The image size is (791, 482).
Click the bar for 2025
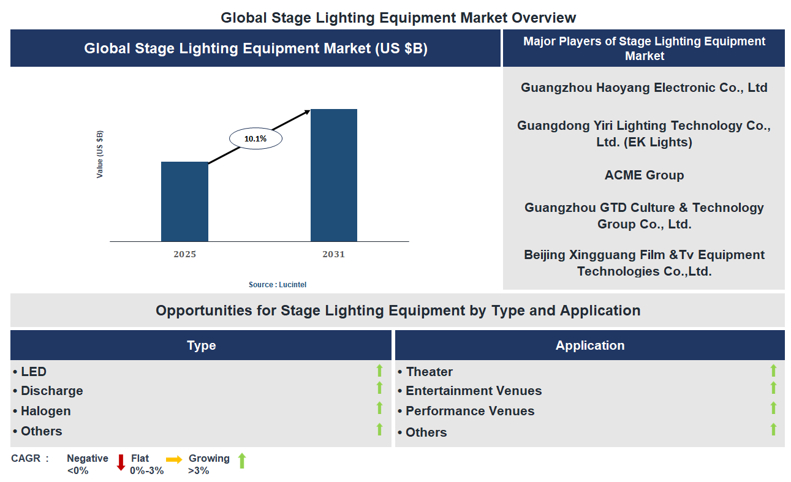coord(184,201)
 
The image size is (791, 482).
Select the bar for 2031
coord(333,175)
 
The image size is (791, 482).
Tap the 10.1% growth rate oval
coord(255,139)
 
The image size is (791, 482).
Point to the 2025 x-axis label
coord(184,254)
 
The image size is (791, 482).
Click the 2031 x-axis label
coord(333,254)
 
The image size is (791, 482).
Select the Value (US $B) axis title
coord(100,154)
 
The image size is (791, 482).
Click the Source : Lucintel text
coord(278,285)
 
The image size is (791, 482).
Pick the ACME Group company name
coord(644,175)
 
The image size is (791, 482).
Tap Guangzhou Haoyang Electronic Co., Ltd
coord(644,88)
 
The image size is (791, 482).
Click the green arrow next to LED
coord(379,370)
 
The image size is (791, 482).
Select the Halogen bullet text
coord(45,411)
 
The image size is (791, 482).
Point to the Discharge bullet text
coord(51,391)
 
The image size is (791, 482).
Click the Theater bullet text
coord(429,372)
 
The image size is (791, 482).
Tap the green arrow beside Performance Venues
coord(773,409)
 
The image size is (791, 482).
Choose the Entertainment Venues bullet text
coord(473,391)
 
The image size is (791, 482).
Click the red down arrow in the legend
coord(121,462)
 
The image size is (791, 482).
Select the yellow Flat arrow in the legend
coord(174,459)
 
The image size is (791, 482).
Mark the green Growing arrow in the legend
coord(241,461)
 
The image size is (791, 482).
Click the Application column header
coord(589,345)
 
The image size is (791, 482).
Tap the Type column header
coord(201,345)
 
